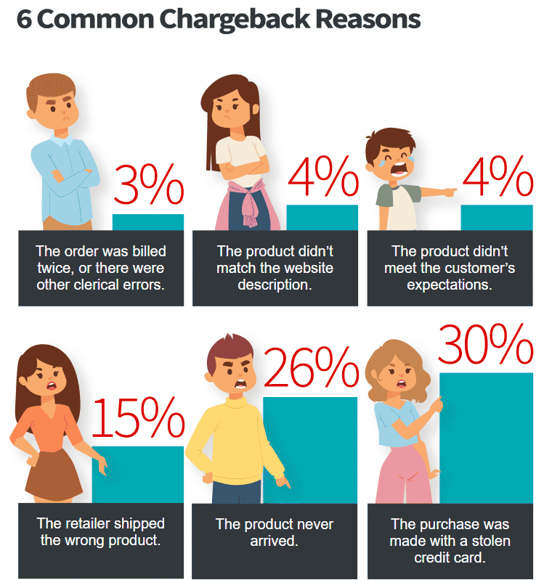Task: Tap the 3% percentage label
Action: point(149,186)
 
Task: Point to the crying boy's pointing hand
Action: point(447,192)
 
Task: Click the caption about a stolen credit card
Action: point(450,541)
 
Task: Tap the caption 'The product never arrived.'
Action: point(275,533)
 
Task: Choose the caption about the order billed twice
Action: point(101,267)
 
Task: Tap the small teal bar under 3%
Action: point(148,221)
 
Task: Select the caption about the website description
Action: point(275,267)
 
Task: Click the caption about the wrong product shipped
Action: point(101,533)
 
